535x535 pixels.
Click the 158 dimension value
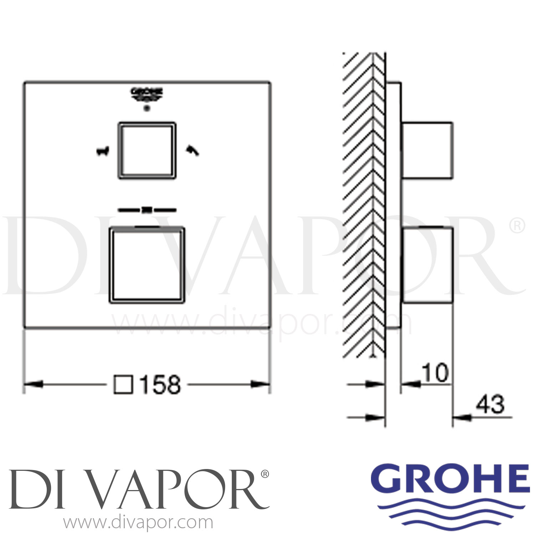tap(160, 385)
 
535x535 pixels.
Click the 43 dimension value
tap(491, 405)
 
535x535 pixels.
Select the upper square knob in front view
tap(147, 150)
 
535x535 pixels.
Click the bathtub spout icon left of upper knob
tap(102, 152)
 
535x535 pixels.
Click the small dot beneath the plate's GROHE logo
tap(146, 108)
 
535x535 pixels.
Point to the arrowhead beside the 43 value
tap(462, 417)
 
